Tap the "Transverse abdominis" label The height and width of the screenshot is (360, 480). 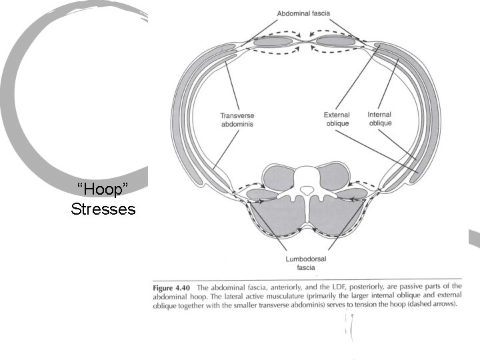(237, 119)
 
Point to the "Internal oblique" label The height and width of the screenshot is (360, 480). (379, 119)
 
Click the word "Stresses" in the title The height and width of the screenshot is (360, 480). (103, 209)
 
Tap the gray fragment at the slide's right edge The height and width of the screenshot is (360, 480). (475, 238)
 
